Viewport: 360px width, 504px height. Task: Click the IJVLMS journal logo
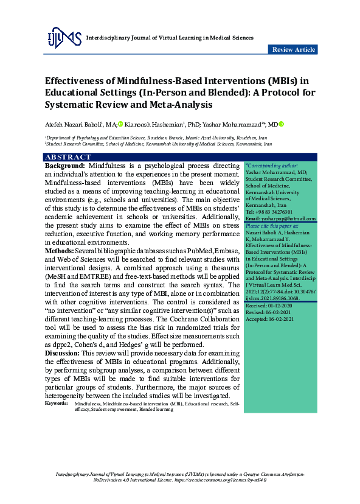[64, 38]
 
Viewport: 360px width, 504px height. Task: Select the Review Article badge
[293, 49]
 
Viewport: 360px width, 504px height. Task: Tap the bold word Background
[65, 166]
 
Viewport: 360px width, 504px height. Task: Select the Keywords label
[57, 404]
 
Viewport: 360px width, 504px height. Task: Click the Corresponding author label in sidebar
[271, 166]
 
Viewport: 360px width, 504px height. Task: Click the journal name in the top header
[171, 38]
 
